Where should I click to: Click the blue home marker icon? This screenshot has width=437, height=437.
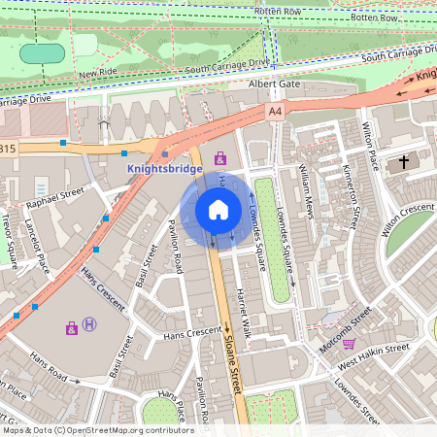(218, 209)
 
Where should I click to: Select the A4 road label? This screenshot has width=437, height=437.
(276, 113)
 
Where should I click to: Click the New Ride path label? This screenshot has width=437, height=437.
(99, 73)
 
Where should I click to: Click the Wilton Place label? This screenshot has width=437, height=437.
(369, 146)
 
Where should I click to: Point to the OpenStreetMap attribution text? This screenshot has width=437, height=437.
(97, 430)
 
